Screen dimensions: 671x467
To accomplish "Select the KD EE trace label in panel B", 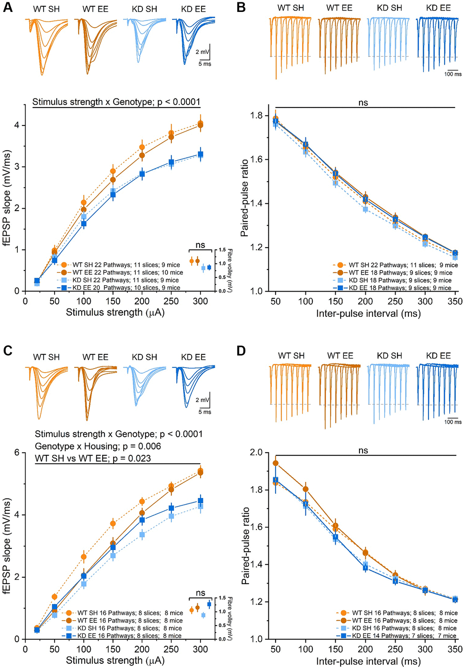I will click(x=438, y=8).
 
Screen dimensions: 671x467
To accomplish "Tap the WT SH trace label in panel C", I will click(x=46, y=357).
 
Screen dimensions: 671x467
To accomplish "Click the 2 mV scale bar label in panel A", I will click(x=202, y=52).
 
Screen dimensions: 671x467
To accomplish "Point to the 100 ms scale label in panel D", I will click(x=453, y=422).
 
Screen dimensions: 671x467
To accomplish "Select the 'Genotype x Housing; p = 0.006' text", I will click(x=98, y=446).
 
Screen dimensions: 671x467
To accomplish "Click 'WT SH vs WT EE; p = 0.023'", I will click(x=93, y=458).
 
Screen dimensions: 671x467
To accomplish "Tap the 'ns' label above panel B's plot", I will click(x=363, y=103).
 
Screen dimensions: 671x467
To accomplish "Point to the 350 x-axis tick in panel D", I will click(x=455, y=649).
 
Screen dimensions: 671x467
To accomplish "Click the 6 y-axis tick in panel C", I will click(x=17, y=453).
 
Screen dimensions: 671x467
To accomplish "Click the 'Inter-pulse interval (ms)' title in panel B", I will click(x=368, y=314).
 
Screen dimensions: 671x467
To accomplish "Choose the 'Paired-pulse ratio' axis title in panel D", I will click(x=245, y=545).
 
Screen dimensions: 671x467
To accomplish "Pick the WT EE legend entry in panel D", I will click(x=399, y=621).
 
